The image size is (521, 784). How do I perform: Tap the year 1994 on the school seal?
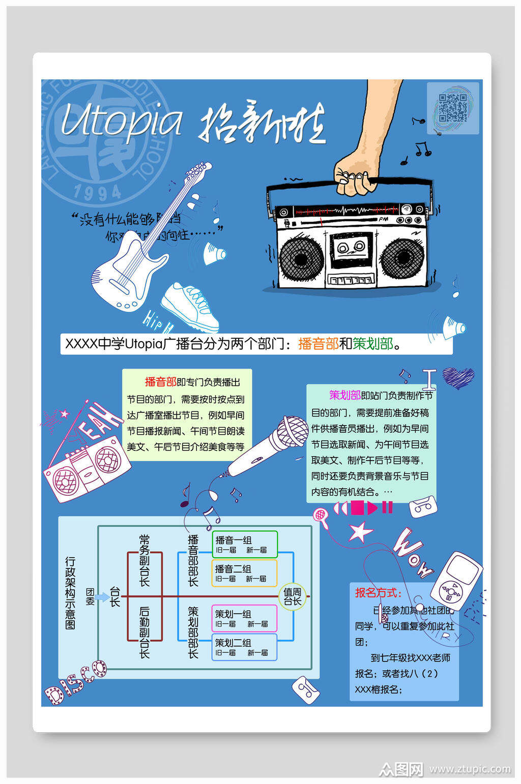97,192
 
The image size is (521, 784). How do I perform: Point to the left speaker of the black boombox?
301,259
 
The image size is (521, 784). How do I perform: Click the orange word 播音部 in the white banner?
318,344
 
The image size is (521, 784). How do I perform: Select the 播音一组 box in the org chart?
245,544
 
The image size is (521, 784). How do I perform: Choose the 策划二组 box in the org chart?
244,647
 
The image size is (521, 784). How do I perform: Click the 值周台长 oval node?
293,596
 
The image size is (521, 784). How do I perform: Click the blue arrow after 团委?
102,596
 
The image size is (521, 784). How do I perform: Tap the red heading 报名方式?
378,592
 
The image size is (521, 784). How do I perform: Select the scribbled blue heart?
458,377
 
